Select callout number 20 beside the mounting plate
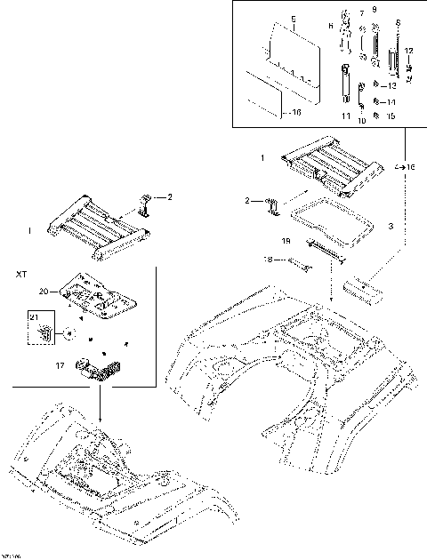pyautogui.click(x=43, y=291)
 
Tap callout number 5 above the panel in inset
pyautogui.click(x=294, y=18)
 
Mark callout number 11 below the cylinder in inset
pyautogui.click(x=345, y=116)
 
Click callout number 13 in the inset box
pyautogui.click(x=392, y=86)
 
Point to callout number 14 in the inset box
pyautogui.click(x=392, y=101)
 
